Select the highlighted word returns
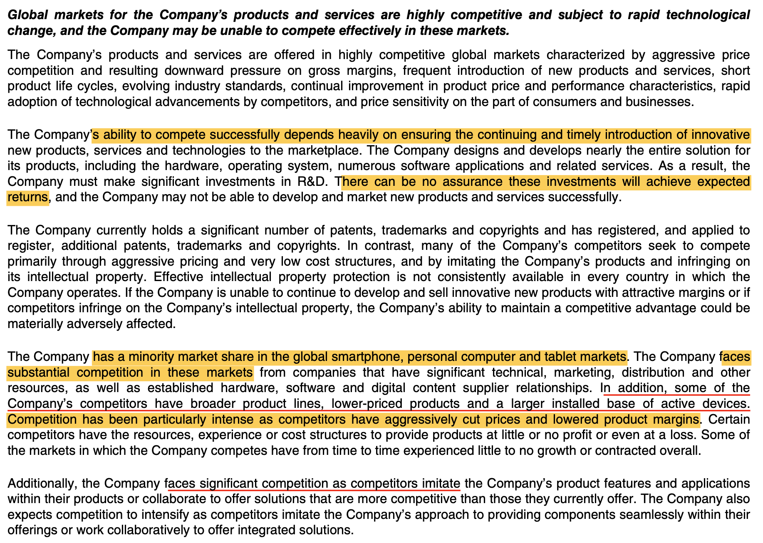point(27,197)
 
